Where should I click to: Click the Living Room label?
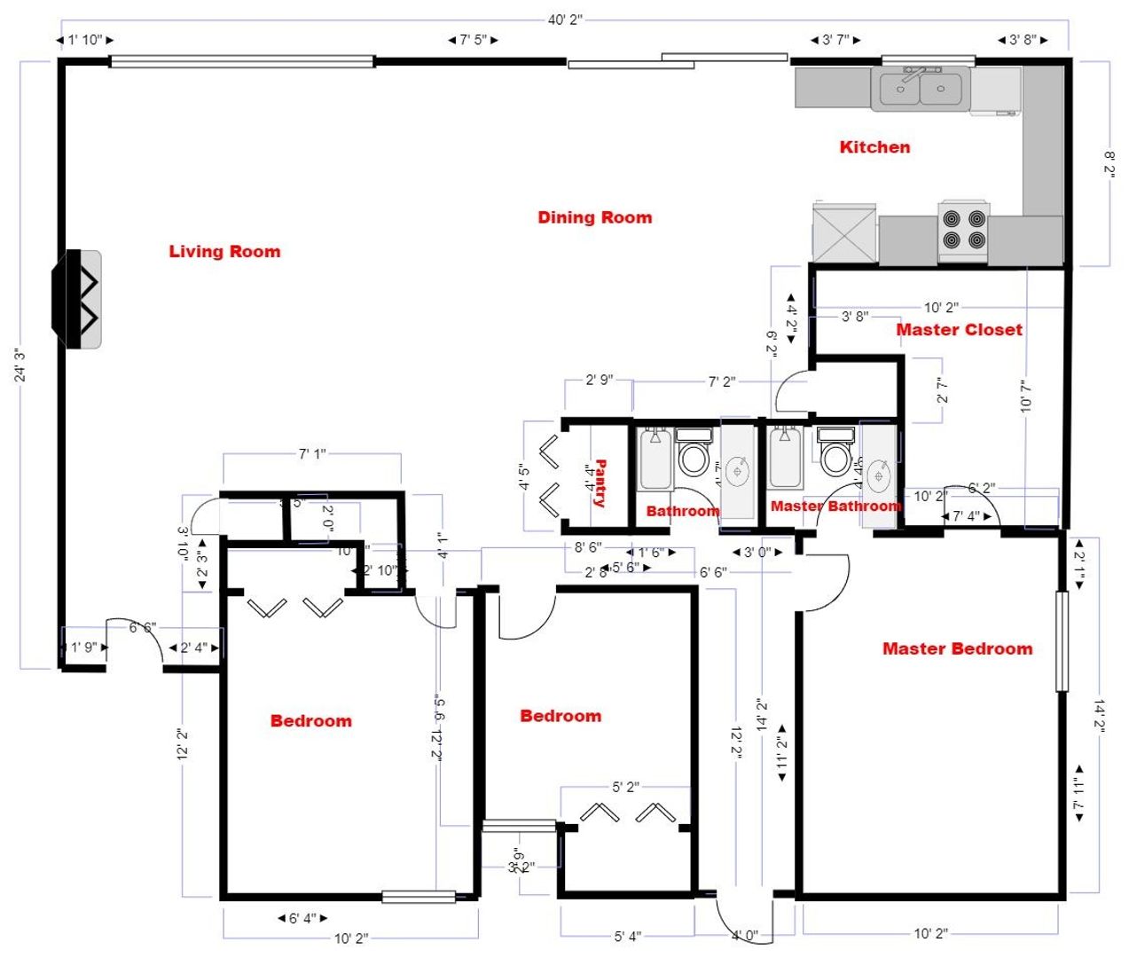click(x=224, y=252)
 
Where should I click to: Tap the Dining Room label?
click(x=594, y=217)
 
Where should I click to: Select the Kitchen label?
click(x=874, y=147)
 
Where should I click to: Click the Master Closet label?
click(x=959, y=330)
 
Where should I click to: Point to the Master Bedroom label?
click(x=957, y=648)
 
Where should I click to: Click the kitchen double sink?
click(x=920, y=89)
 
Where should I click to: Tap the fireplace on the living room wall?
click(x=78, y=299)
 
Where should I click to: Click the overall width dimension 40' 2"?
click(x=564, y=20)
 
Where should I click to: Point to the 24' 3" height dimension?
click(x=20, y=365)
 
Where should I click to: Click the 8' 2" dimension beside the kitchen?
click(x=1109, y=163)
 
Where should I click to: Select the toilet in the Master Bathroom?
click(x=835, y=453)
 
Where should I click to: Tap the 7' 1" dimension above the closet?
click(x=311, y=454)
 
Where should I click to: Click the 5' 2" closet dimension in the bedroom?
click(x=625, y=787)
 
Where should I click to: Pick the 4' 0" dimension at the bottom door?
click(x=744, y=935)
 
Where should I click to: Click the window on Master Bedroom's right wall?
click(x=1062, y=640)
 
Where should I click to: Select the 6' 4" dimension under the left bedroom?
click(x=302, y=918)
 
